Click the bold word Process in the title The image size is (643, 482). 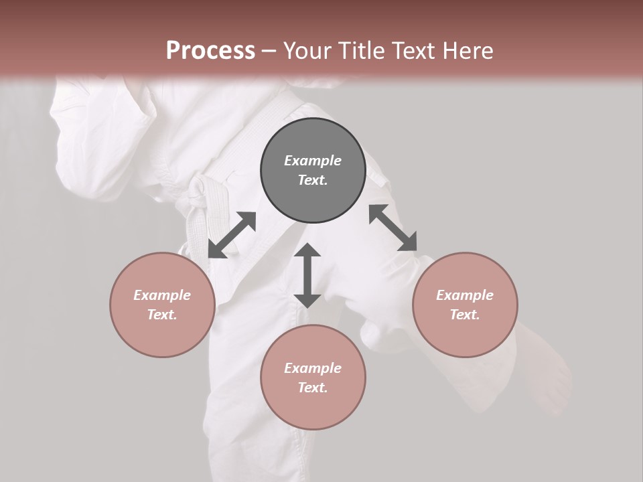(x=210, y=51)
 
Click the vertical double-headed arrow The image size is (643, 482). (x=307, y=275)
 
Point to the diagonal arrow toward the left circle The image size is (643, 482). (x=232, y=235)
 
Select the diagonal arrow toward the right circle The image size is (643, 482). (x=392, y=228)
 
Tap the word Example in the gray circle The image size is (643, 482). (x=313, y=161)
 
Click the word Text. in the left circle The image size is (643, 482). (x=162, y=315)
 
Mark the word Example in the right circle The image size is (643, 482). (x=465, y=295)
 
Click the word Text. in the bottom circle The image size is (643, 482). (x=313, y=388)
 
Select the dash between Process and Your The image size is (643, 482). (x=269, y=51)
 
